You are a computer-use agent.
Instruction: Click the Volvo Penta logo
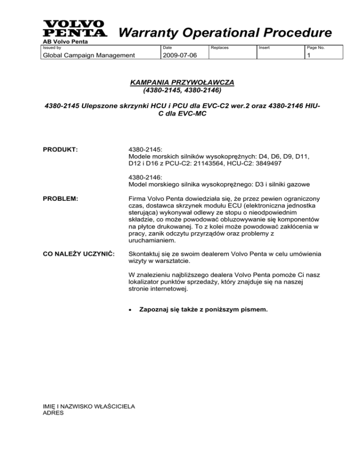point(74,29)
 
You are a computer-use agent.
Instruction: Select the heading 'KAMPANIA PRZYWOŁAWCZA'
point(180,82)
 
